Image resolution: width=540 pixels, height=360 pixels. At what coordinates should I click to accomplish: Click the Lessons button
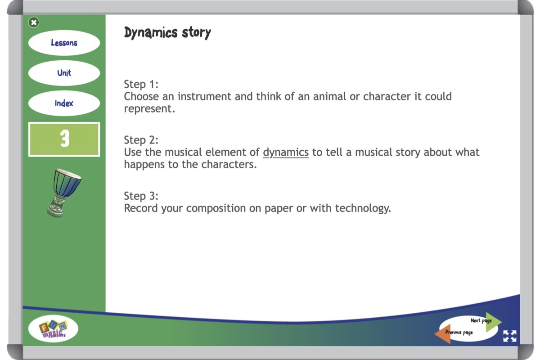tap(64, 43)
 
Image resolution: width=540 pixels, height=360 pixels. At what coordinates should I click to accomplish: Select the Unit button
tap(64, 73)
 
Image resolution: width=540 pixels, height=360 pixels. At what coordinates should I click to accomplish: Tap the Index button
tap(64, 103)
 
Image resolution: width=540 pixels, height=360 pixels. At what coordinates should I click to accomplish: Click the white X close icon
tap(34, 22)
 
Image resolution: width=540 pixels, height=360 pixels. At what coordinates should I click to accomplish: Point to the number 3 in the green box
tap(65, 139)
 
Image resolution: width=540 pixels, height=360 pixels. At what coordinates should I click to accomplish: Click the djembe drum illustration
tap(63, 193)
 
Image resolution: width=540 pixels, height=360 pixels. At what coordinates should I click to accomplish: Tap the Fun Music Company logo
tap(53, 328)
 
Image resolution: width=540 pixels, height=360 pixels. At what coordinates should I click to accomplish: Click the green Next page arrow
tap(493, 322)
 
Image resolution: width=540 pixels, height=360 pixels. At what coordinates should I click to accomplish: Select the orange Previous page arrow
tap(443, 334)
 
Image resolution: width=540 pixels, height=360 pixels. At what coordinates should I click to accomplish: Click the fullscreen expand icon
tap(510, 336)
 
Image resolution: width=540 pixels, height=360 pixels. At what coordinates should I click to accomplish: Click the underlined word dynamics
tap(286, 153)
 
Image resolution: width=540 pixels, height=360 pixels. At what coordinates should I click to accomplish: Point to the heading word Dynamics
tap(151, 32)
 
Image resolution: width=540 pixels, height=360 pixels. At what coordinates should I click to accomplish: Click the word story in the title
tap(196, 32)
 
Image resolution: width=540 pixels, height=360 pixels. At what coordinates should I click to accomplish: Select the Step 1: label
tap(141, 84)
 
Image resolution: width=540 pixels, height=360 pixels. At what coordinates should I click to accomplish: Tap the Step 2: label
tap(141, 140)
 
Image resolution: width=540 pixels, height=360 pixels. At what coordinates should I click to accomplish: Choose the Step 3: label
tap(141, 196)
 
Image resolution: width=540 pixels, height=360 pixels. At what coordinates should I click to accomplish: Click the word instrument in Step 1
tap(204, 96)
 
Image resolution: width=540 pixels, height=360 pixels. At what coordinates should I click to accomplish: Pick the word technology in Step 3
tap(363, 208)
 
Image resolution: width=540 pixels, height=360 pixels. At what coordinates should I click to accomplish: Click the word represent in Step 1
tap(149, 109)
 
